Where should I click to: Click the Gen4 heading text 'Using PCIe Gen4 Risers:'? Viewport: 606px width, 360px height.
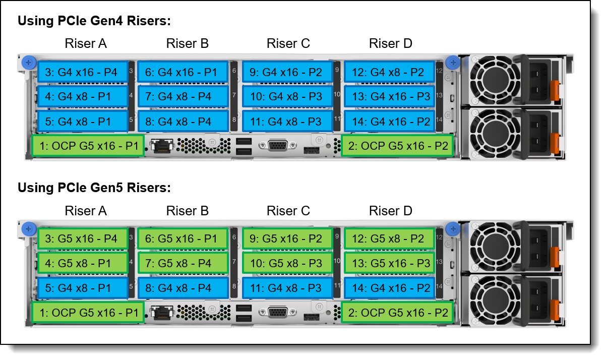94,21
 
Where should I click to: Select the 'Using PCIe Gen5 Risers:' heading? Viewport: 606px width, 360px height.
94,188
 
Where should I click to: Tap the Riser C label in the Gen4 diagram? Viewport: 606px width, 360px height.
288,43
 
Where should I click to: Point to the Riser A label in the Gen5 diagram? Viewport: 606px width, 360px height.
86,211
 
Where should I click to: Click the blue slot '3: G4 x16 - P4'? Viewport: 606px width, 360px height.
83,72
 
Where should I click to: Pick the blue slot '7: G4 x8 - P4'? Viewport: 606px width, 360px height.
183,97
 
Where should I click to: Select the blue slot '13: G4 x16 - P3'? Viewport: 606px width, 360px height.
390,97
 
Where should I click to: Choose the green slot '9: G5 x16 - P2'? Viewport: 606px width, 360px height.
287,238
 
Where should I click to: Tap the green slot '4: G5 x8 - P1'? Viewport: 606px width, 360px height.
83,263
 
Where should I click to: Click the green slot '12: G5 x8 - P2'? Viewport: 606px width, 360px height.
390,238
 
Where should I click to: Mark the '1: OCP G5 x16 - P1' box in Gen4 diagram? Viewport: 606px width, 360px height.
88,146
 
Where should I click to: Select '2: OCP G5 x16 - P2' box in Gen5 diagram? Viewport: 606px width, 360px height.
397,313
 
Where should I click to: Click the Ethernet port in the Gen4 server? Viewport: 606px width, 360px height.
162,146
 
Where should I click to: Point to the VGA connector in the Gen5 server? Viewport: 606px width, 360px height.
278,313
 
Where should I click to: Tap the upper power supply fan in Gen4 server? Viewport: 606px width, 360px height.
495,80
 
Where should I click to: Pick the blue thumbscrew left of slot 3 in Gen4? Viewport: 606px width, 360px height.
29,63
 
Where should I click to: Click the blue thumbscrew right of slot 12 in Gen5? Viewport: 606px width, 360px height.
453,229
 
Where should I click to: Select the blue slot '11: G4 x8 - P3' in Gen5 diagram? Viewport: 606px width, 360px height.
287,288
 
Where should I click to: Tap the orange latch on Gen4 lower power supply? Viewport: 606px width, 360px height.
555,143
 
